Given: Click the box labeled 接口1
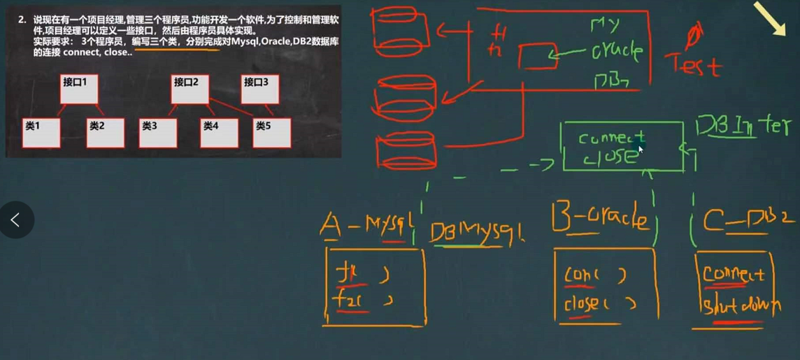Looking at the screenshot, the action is coord(78,88).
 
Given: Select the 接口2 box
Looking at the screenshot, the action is coord(190,88).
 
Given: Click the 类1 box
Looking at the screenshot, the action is coord(41,132).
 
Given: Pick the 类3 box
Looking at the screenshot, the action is coord(158,132).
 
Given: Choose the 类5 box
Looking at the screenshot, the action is coord(271,132).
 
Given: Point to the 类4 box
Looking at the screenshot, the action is coord(219,132).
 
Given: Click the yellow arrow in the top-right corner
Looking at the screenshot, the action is coord(770,20).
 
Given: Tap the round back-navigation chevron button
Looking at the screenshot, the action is coord(16,220).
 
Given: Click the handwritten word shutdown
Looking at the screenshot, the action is coord(739,305).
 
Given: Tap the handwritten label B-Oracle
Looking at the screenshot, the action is coord(601,219).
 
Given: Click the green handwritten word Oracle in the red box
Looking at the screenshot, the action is coord(615,52).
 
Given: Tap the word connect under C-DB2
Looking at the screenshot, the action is coord(734,273).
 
